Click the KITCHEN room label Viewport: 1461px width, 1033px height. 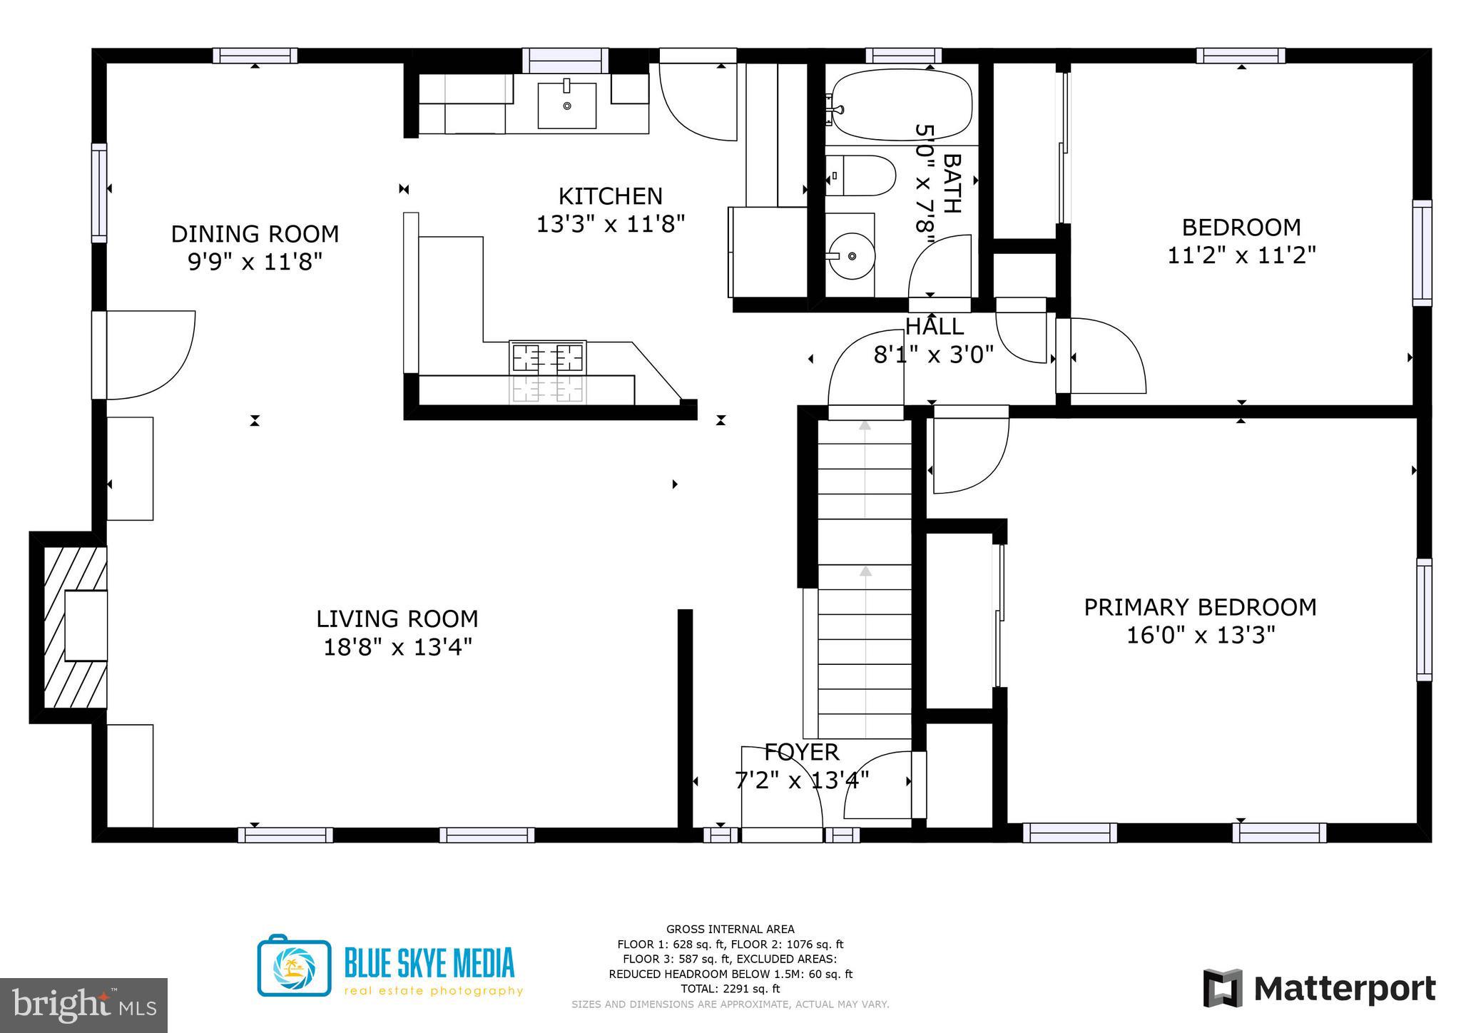pos(610,196)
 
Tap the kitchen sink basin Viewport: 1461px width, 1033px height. pos(566,106)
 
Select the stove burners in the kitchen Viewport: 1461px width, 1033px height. pos(548,357)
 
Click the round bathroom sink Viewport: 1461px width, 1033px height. pos(852,255)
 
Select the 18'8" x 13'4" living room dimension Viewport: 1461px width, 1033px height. pos(397,647)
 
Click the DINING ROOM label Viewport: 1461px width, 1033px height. pos(255,234)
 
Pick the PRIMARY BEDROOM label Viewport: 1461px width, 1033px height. pos(1200,607)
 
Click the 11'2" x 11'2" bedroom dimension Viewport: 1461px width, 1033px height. pos(1241,255)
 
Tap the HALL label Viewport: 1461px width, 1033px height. pos(935,327)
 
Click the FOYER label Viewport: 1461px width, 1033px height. pos(801,752)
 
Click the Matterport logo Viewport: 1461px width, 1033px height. pos(1319,989)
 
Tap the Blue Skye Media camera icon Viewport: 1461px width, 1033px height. pos(294,966)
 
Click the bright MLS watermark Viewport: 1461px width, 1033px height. pos(83,1006)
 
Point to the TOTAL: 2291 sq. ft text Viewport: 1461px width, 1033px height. pos(730,989)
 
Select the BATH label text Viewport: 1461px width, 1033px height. pos(952,183)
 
